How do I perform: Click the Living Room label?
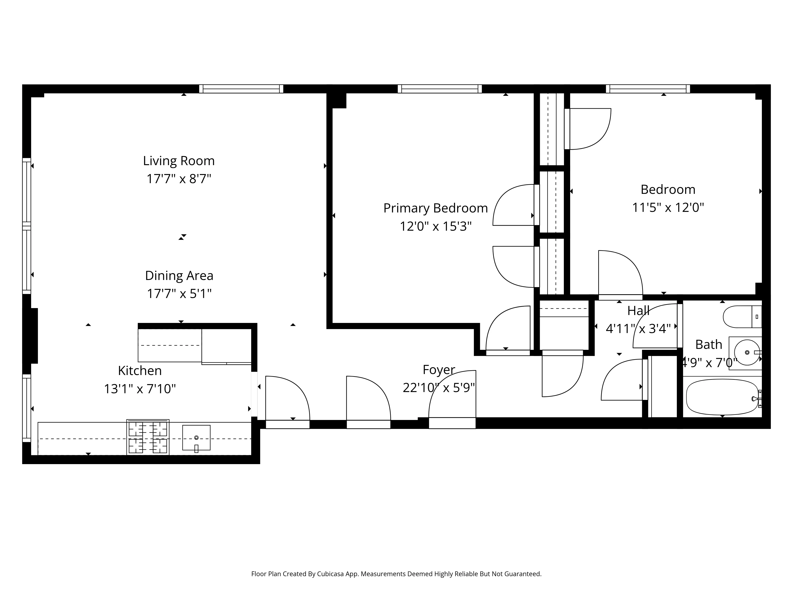coord(179,161)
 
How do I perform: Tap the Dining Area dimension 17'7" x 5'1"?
coord(179,294)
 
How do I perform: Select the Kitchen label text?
coord(140,371)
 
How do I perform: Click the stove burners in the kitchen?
coord(148,437)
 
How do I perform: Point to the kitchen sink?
coord(196,438)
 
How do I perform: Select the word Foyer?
coord(439,369)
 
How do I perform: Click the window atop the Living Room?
coord(241,89)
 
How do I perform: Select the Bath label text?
coord(708,345)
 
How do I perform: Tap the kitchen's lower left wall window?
coord(27,408)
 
